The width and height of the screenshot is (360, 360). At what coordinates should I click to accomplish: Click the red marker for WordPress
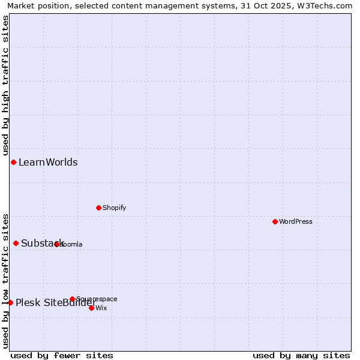[x=275, y=221]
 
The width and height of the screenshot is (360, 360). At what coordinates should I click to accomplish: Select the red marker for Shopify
[x=98, y=208]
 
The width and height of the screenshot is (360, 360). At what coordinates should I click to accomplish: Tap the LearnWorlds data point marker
[x=13, y=162]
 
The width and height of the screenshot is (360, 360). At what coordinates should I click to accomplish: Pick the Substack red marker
[x=16, y=243]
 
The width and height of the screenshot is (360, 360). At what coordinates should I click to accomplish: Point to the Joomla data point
[x=57, y=244]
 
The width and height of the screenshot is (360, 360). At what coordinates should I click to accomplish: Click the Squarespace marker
[x=72, y=299]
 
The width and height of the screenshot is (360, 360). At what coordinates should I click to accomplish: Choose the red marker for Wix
[x=91, y=308]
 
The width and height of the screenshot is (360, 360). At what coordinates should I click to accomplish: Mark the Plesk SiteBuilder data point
[x=10, y=302]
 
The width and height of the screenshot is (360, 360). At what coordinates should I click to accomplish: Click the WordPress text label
[x=296, y=221]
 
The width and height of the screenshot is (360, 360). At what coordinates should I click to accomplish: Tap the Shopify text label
[x=114, y=208]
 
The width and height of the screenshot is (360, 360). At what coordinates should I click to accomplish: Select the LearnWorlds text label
[x=48, y=162]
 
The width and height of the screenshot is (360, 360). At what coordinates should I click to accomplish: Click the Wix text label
[x=101, y=308]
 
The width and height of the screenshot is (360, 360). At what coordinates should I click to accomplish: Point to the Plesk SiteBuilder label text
[x=56, y=302]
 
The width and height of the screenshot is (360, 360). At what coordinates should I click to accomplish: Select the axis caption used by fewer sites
[x=62, y=355]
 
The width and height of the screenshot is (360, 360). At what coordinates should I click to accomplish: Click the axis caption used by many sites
[x=301, y=355]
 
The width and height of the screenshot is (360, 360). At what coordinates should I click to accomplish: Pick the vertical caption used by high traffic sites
[x=5, y=86]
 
